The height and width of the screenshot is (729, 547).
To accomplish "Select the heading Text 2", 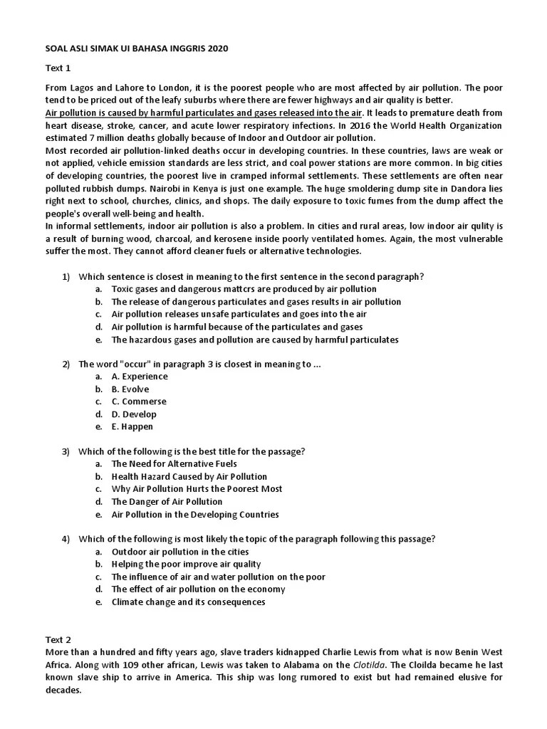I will [x=58, y=640].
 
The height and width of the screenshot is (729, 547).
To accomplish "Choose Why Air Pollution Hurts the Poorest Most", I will [x=197, y=489].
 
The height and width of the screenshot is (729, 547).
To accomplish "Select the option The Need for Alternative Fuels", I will [x=174, y=463].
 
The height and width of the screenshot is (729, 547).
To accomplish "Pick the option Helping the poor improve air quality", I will [x=187, y=564].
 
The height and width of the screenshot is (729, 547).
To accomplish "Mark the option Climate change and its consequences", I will [x=188, y=602].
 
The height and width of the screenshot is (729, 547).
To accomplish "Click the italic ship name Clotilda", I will [x=370, y=665].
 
